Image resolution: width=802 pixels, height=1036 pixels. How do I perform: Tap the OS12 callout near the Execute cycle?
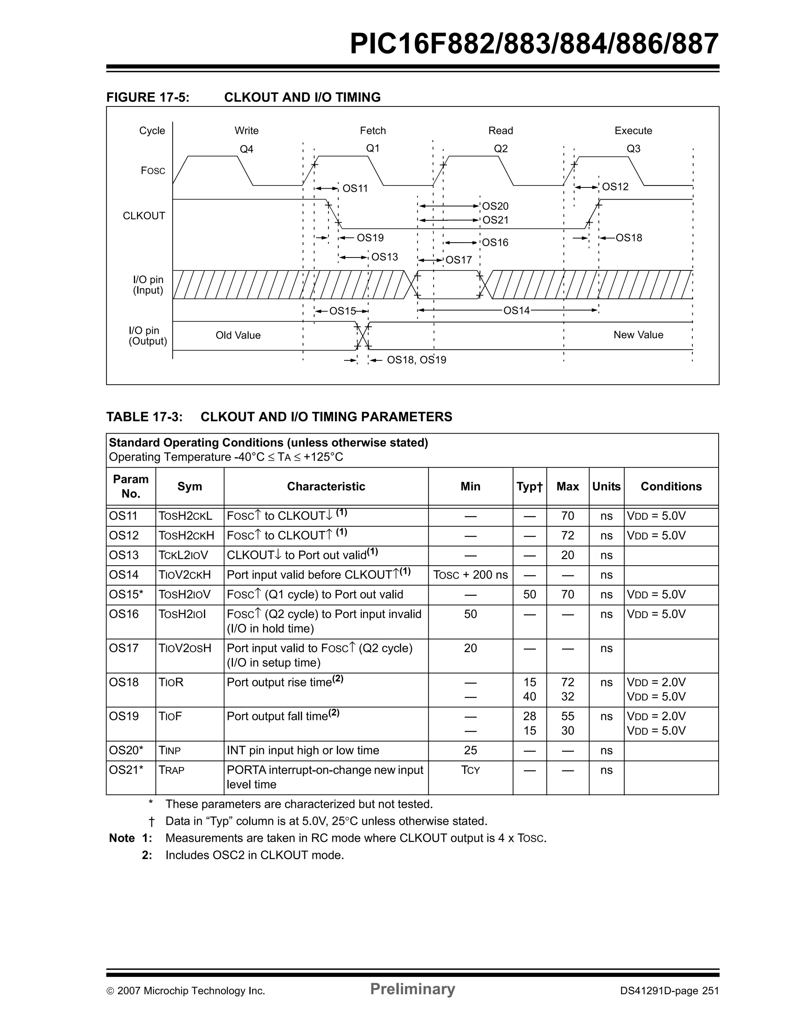coord(615,187)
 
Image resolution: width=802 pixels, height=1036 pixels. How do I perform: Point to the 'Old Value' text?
coord(238,335)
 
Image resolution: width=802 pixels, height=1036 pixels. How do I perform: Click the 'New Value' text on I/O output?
coord(638,335)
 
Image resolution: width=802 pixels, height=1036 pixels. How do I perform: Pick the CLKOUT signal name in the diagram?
coord(144,216)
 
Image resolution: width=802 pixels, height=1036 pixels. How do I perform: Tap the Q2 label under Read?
coord(500,148)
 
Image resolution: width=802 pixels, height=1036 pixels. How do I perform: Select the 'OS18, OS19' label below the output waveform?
coord(416,360)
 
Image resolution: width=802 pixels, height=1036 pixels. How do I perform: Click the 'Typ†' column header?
coord(529,487)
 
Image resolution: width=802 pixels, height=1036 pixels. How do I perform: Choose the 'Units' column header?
coord(606,487)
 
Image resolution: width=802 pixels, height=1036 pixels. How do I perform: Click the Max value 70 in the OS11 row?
coord(567,516)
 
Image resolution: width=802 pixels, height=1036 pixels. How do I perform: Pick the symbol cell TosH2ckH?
coord(186,535)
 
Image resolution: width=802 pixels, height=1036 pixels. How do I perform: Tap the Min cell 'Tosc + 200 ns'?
coord(470,575)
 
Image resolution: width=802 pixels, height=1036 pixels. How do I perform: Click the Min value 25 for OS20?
coord(470,750)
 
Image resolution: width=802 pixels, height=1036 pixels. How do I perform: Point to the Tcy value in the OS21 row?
coord(470,770)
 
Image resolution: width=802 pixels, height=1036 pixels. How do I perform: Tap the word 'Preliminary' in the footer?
coord(412,989)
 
